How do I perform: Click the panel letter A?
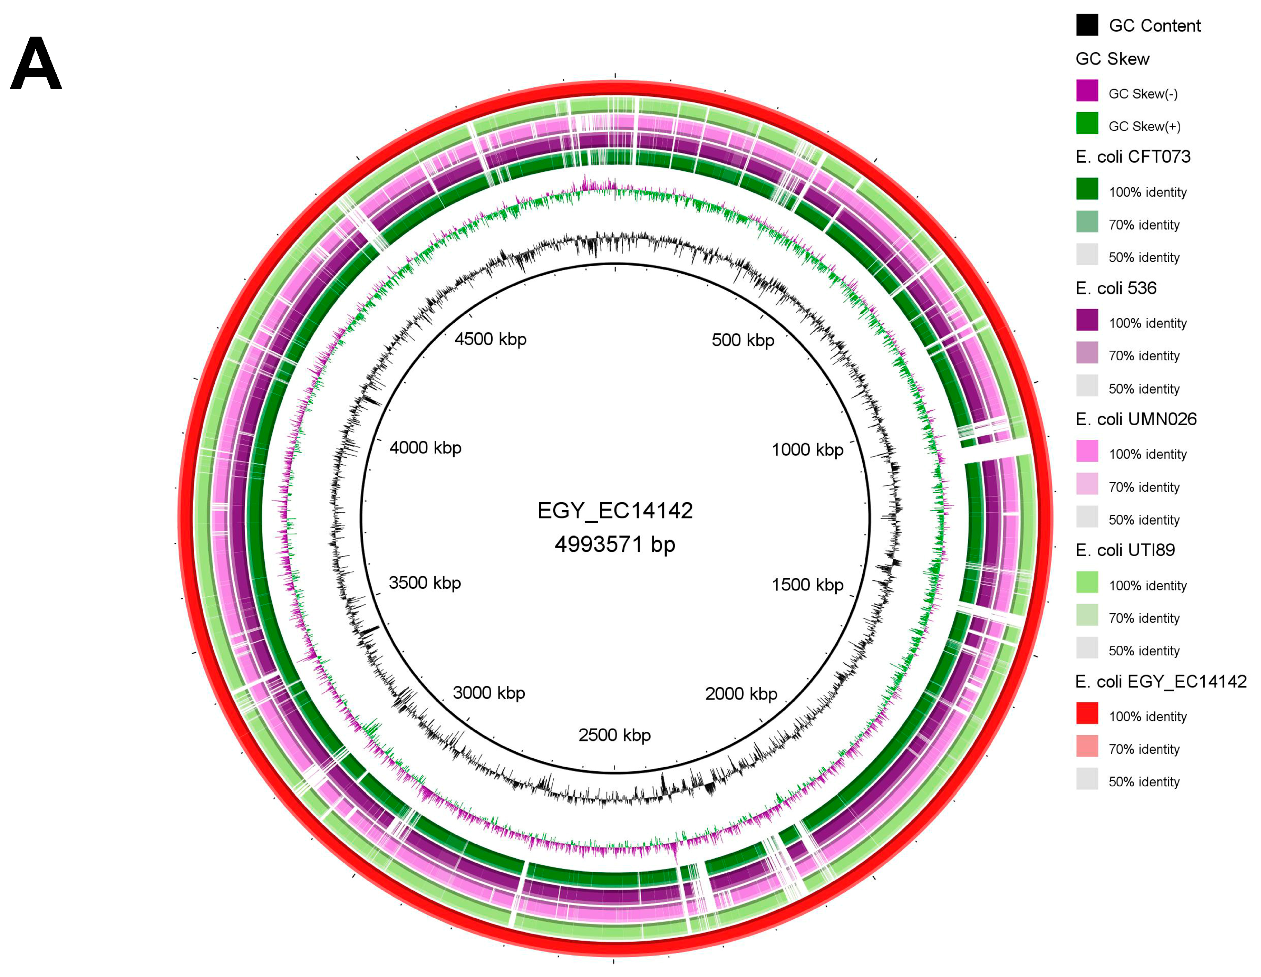click(x=36, y=64)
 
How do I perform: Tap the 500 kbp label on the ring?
click(x=743, y=340)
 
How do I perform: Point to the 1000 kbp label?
click(x=807, y=449)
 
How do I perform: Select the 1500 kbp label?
click(x=807, y=585)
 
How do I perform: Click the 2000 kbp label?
click(x=741, y=693)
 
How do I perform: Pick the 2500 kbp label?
click(x=614, y=735)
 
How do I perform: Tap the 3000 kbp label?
click(x=488, y=692)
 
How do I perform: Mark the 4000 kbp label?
click(x=425, y=448)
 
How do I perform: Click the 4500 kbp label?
click(x=490, y=339)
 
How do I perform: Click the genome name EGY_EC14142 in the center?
click(x=615, y=511)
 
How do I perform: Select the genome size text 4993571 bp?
click(x=615, y=544)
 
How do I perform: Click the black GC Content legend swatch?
click(x=1087, y=26)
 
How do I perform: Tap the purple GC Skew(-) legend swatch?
click(x=1087, y=91)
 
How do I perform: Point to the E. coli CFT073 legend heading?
click(x=1133, y=156)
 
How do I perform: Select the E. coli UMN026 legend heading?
click(x=1136, y=419)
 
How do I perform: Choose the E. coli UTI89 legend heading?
click(x=1125, y=550)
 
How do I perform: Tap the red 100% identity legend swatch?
click(x=1087, y=713)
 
